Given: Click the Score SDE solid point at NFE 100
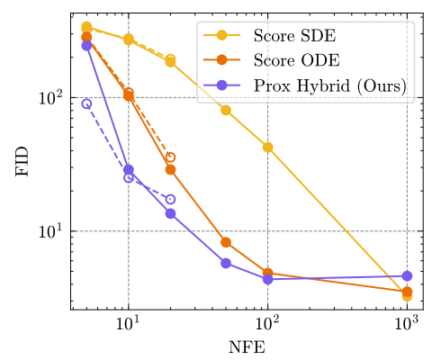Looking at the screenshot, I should click(267, 147).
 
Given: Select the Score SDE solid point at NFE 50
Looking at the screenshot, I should click(226, 110).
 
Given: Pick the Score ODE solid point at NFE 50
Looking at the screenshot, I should click(226, 242).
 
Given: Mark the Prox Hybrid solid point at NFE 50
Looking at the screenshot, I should click(226, 263).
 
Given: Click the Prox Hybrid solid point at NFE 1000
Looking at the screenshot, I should click(407, 276).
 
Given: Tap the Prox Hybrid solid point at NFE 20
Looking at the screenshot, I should click(170, 213).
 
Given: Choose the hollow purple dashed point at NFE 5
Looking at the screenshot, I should click(86, 103).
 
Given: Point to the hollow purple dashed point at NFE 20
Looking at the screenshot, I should click(170, 199).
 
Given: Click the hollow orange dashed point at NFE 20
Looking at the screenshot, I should click(170, 157).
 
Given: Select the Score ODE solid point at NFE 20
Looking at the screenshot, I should click(170, 169).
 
